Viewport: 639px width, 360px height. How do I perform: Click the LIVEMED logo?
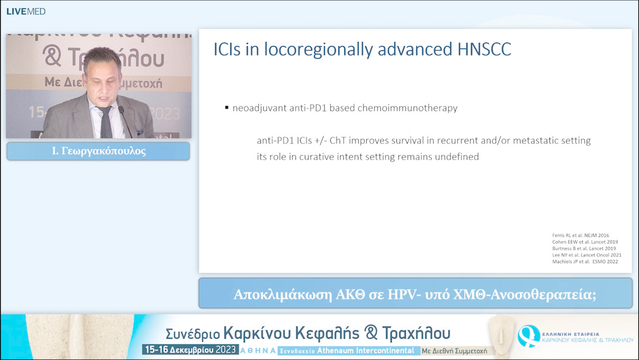pos(25,11)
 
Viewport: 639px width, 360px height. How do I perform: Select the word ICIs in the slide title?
pos(227,50)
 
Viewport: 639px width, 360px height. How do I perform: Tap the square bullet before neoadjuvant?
pos(227,108)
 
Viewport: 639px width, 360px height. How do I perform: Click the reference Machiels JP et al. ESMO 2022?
pos(585,261)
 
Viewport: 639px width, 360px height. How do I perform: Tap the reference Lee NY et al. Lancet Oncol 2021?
pos(586,255)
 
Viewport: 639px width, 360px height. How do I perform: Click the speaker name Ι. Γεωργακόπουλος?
pos(98,151)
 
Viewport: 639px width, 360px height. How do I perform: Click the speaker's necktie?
pos(106,122)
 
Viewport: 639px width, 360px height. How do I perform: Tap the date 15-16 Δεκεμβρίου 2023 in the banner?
pos(190,350)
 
